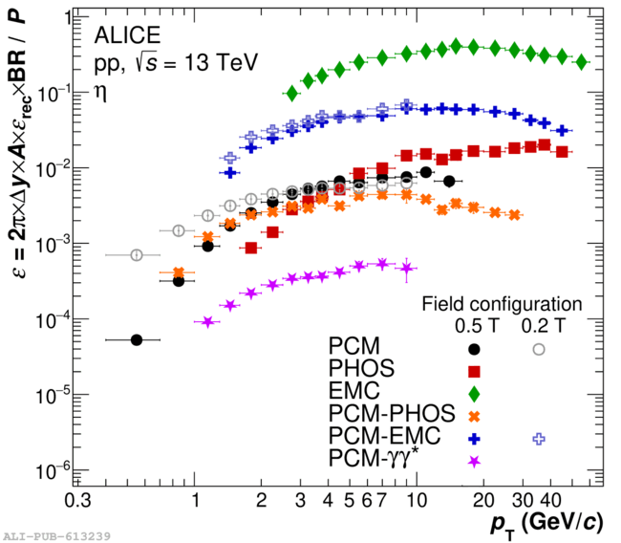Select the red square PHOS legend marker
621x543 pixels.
475,370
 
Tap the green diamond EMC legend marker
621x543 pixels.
475,392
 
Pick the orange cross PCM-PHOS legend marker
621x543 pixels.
475,415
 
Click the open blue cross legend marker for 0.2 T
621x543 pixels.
539,438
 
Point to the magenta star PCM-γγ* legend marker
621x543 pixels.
475,461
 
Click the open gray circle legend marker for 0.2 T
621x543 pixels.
539,348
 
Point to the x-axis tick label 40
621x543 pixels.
549,502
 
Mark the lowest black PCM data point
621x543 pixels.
136,339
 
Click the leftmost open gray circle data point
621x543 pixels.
136,255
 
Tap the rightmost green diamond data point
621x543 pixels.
582,61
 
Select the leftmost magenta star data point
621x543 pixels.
208,322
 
